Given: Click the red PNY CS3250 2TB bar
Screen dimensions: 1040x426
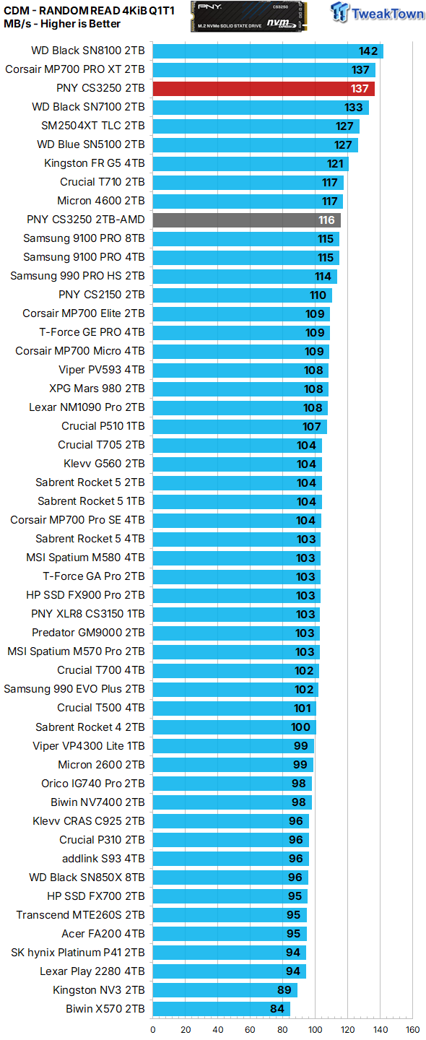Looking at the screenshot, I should (264, 88).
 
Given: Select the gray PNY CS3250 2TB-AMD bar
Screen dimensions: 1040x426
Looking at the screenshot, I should (246, 220).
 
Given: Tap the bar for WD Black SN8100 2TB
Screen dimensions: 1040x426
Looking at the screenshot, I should (267, 51).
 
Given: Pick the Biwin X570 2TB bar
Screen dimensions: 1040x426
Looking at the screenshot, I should (221, 1008).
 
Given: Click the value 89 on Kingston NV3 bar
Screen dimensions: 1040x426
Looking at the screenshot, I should (286, 989).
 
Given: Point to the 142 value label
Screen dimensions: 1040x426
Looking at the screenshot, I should (369, 51).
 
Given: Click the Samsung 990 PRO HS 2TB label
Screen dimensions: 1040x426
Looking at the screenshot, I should (77, 276).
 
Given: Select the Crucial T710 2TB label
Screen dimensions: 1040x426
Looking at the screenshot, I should (102, 182).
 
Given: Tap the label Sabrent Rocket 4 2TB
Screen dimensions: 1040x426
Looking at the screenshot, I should (90, 727).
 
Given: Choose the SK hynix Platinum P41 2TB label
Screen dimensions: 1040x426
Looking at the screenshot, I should (78, 952).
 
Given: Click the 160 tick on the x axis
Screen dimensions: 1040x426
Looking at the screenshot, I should (412, 1029).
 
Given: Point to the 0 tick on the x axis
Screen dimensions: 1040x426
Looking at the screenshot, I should (152, 1029).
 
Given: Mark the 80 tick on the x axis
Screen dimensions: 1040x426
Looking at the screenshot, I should (282, 1029).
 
